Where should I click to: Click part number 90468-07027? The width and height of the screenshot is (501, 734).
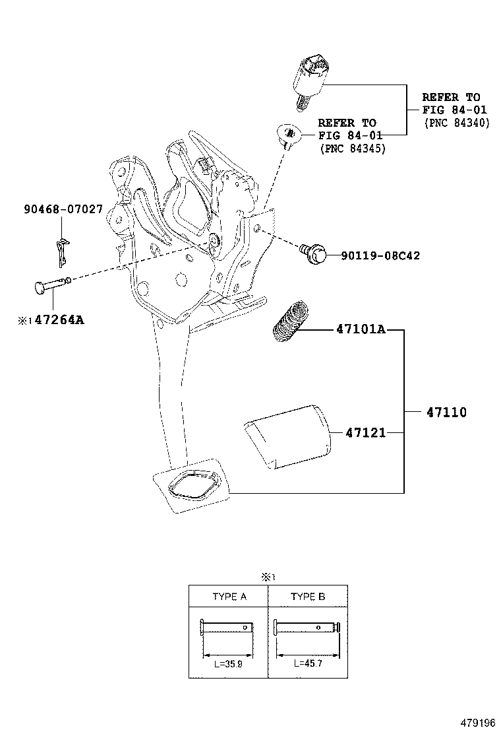(63, 210)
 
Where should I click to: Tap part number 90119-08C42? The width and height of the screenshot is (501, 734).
(380, 255)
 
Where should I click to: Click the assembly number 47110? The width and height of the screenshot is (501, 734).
(446, 413)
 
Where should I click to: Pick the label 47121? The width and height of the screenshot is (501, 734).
(365, 433)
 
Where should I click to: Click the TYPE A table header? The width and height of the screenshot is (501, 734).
(229, 597)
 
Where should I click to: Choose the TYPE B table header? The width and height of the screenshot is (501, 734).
(308, 597)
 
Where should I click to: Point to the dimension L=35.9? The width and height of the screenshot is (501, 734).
(228, 665)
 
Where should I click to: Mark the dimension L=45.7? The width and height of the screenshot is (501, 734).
(307, 665)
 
